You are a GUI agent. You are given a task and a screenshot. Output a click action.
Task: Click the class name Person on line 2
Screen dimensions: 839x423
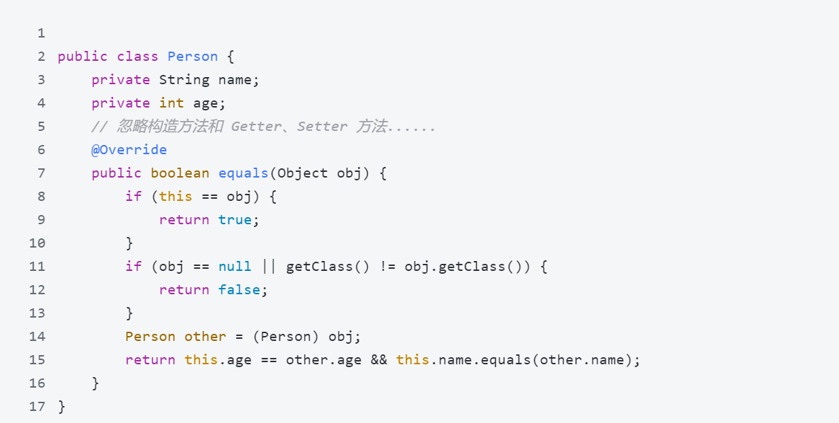[x=192, y=57]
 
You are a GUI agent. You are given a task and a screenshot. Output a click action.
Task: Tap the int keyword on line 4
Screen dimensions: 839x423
[x=172, y=103]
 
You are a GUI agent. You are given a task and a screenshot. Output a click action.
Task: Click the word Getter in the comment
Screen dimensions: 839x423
[x=256, y=127]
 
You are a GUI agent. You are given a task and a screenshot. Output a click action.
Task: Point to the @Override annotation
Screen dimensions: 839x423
[x=129, y=150]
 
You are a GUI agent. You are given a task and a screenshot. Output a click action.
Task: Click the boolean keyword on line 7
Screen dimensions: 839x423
[x=180, y=173]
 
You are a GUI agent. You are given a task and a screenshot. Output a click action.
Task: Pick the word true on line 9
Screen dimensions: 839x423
[x=235, y=220]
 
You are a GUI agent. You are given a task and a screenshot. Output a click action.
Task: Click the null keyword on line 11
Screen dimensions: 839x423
[x=235, y=266]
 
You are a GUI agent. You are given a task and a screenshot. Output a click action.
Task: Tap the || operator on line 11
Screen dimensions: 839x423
[x=269, y=266]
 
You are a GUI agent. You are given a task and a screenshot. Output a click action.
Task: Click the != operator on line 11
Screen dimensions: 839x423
[x=388, y=266]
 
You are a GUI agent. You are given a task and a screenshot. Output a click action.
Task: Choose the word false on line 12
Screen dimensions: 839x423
[x=239, y=290]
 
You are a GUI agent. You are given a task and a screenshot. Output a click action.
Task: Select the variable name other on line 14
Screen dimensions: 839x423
[x=205, y=337]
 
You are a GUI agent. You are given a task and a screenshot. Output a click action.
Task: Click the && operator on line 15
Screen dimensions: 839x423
[x=379, y=360]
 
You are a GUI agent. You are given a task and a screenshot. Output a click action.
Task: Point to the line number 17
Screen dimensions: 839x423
[x=37, y=407]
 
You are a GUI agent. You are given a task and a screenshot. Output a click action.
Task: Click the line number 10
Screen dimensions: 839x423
[x=37, y=243]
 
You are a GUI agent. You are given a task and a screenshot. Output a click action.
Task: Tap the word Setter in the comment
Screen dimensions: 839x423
[x=322, y=127]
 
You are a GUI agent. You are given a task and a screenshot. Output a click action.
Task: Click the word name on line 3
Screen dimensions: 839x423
[x=235, y=80]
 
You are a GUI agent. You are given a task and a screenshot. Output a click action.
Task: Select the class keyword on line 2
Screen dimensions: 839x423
[x=138, y=57]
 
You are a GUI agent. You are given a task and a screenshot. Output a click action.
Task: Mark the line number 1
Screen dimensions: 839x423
[x=42, y=34]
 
